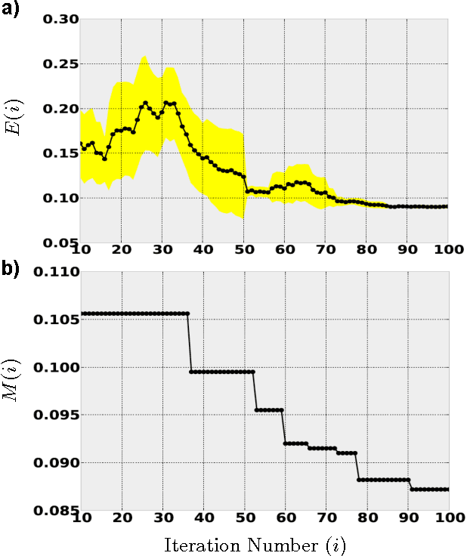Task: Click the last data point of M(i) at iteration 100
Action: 447,490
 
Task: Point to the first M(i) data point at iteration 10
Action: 81,314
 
